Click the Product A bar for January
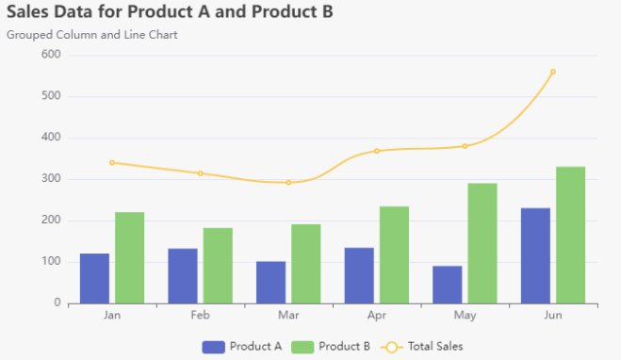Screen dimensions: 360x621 (x=94, y=278)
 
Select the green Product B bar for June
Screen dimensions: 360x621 (x=570, y=235)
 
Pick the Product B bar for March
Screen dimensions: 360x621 (x=305, y=264)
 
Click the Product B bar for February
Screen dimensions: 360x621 (x=218, y=266)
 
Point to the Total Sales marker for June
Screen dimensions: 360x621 (x=552, y=72)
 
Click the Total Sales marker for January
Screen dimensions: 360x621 (x=112, y=162)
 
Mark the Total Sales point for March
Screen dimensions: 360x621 (x=288, y=182)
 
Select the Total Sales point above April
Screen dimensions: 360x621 (x=376, y=151)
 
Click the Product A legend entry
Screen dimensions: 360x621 (x=242, y=347)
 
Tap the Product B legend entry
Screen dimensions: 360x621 (x=331, y=347)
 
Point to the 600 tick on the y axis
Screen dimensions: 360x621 (x=51, y=55)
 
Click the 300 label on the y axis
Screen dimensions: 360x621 (x=51, y=179)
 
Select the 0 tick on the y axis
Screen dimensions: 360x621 (x=57, y=303)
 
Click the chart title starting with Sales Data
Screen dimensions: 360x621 (x=169, y=12)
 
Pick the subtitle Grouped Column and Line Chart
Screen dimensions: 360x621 (x=91, y=35)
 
